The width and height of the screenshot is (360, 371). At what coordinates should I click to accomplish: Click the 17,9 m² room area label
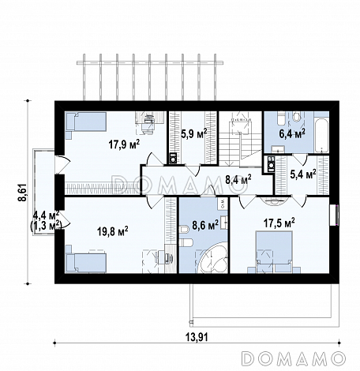coord(124,144)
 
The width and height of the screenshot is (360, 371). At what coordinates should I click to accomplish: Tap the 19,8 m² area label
coord(113,231)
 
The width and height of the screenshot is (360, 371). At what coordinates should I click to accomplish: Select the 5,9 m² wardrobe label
coord(194,134)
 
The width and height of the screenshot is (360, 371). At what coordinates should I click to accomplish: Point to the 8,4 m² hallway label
coord(238,180)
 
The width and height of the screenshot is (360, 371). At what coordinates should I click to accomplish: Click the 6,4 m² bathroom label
coord(292,134)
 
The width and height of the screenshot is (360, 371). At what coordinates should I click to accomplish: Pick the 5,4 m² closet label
coord(303,174)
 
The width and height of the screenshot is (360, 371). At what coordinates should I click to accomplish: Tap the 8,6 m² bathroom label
coord(205,225)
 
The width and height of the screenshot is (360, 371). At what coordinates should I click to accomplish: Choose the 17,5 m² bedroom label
coord(279,223)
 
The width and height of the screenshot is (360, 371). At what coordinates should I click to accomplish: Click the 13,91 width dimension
coord(197,337)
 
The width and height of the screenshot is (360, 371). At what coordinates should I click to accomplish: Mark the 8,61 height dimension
coord(22,193)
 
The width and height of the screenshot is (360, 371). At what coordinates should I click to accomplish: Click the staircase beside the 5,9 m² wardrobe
coord(240,139)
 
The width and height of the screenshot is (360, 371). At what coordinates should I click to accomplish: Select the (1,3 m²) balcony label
coord(46,226)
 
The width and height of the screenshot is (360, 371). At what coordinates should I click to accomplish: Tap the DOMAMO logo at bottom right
coord(293,358)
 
